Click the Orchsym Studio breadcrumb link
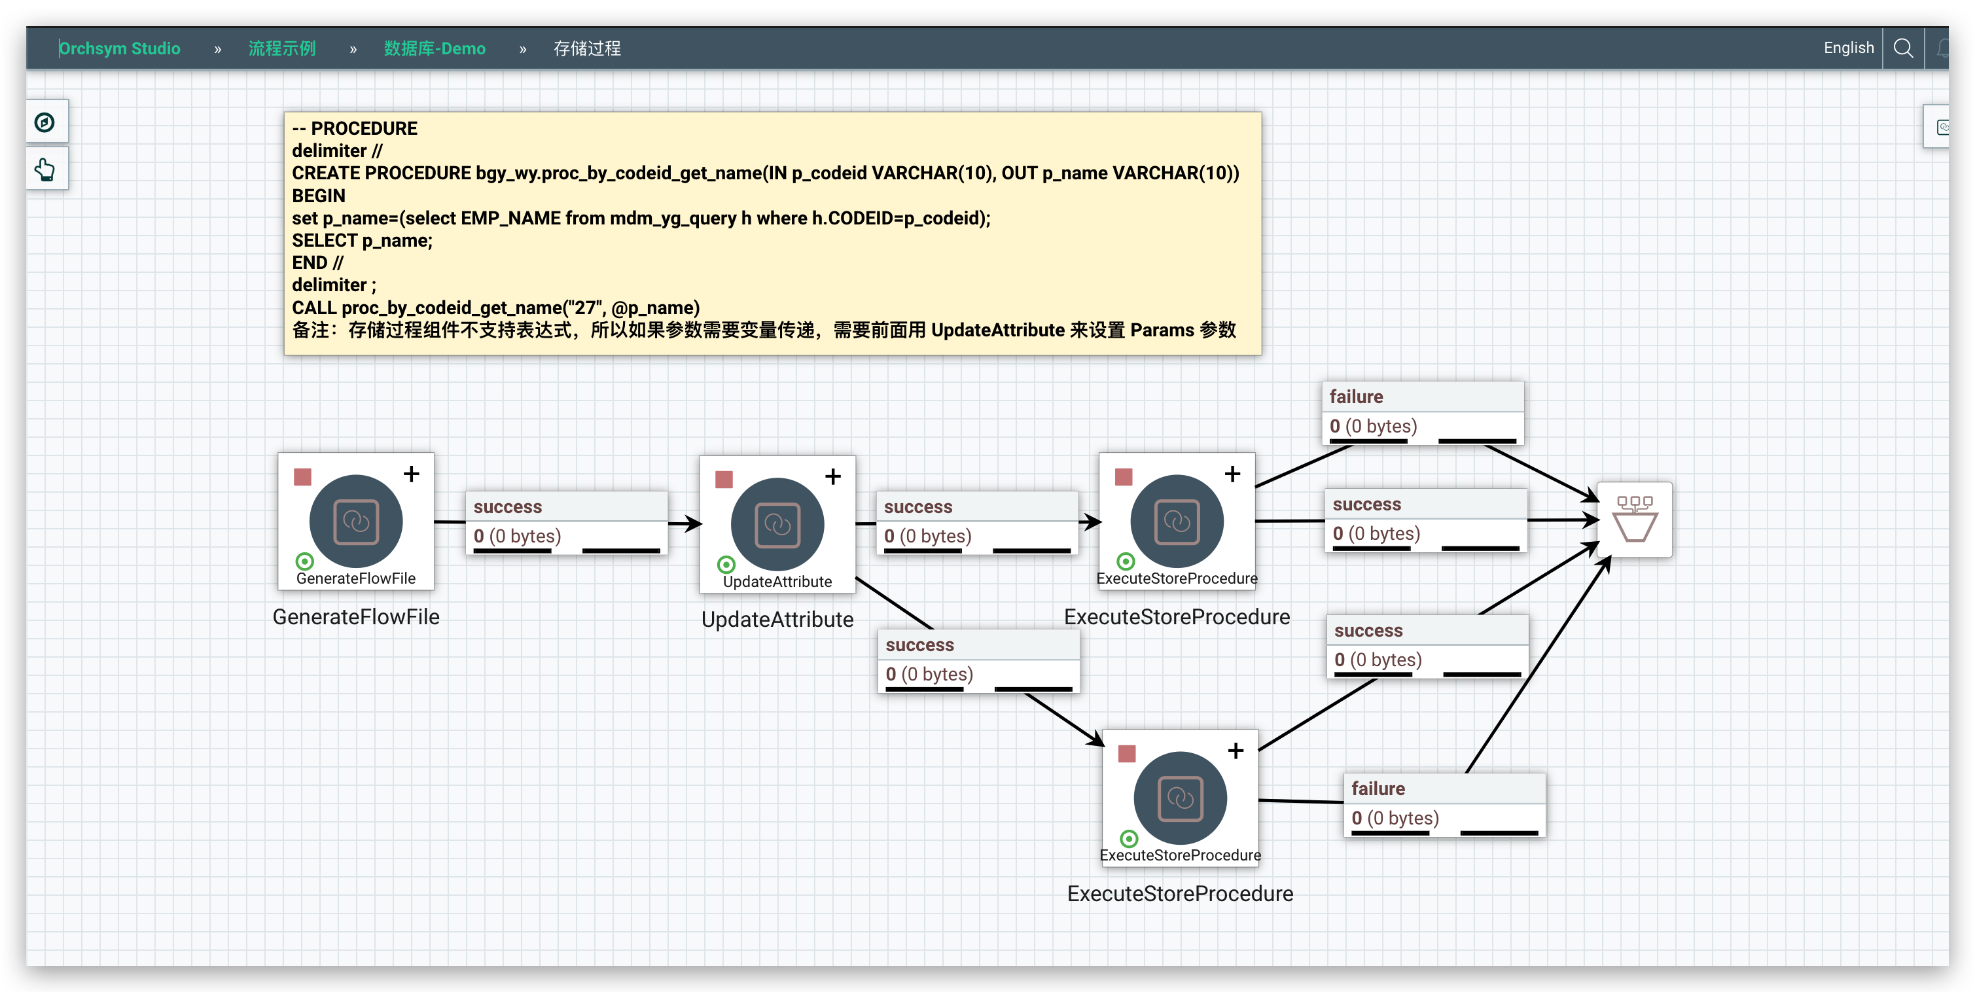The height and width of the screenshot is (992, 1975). [120, 48]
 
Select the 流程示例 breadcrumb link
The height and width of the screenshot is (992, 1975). [281, 48]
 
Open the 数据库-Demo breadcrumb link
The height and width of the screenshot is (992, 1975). [434, 48]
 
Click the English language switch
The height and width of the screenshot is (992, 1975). [1848, 48]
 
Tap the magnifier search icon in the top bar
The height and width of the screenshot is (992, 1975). [1903, 48]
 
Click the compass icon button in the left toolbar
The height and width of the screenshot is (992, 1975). [45, 122]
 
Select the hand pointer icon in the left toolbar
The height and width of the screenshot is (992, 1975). [45, 169]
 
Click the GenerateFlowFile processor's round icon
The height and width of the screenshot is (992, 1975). [356, 522]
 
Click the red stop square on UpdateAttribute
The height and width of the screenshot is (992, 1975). [724, 480]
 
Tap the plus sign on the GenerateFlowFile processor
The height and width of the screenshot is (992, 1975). [412, 474]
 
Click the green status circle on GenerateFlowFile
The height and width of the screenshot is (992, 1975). [304, 561]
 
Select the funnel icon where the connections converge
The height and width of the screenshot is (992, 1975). [1635, 519]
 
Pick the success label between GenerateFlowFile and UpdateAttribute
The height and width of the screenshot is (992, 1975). [508, 506]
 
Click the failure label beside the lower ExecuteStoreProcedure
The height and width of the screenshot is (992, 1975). [1378, 789]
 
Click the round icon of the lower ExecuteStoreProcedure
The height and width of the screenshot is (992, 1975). [1180, 798]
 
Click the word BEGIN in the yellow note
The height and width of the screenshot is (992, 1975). [319, 196]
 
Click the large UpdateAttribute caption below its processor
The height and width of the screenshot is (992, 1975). [777, 620]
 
